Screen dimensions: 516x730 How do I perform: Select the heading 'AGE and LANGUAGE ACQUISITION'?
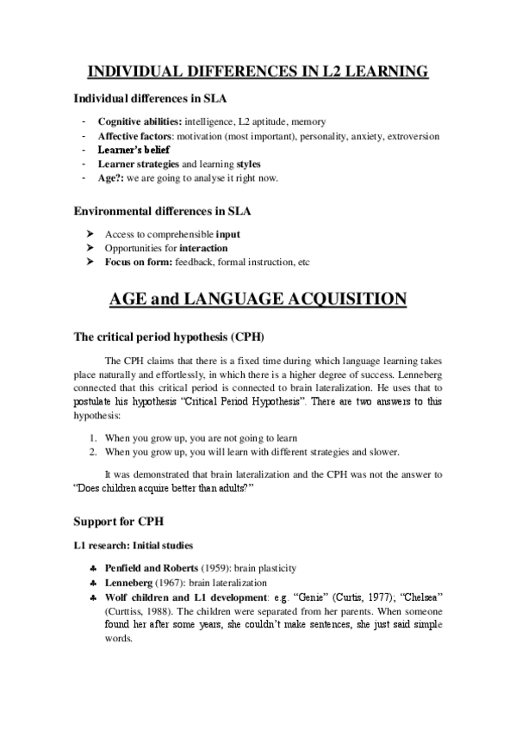(258, 299)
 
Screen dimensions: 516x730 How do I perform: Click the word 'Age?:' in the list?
(112, 177)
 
